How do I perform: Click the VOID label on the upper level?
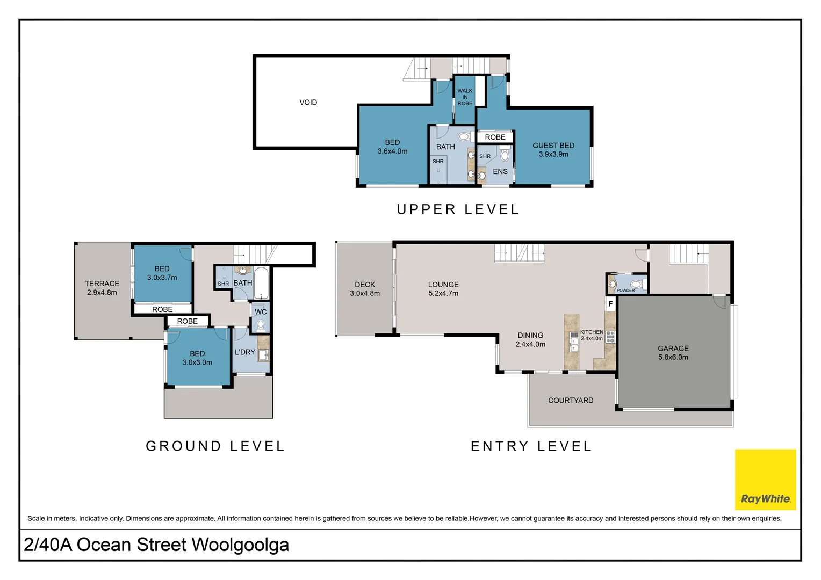tap(308, 102)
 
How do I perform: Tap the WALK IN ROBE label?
tap(465, 97)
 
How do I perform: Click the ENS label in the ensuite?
tap(500, 171)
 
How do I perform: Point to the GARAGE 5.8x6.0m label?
tap(673, 353)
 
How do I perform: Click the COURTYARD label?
tap(571, 401)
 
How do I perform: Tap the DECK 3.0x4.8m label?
tap(365, 289)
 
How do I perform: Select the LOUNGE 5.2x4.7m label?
tap(443, 289)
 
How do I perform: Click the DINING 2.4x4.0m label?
tap(530, 339)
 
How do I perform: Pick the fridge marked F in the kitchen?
tap(610, 304)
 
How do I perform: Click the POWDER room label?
tap(625, 291)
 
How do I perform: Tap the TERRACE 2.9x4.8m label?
tap(102, 288)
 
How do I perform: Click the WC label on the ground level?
tap(261, 312)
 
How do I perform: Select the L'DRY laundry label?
tap(245, 352)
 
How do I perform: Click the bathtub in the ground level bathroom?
tap(261, 282)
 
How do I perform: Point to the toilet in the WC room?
tap(261, 325)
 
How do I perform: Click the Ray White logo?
tap(765, 480)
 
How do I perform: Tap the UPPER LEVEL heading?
tap(458, 209)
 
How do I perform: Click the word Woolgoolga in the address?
tap(240, 545)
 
